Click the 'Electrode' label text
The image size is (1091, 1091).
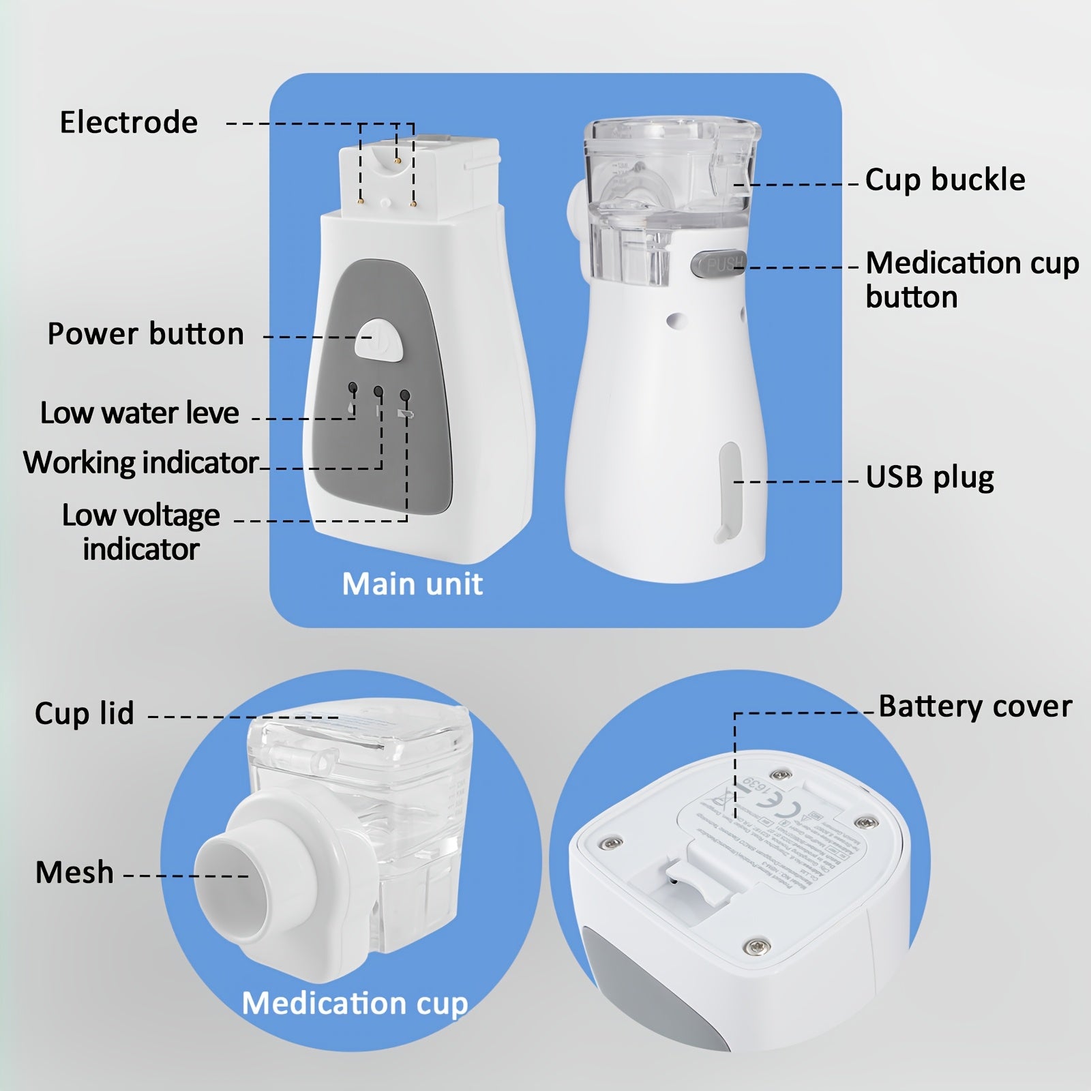tap(129, 123)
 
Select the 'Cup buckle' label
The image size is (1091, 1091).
tap(945, 180)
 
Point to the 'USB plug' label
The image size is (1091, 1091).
tap(929, 477)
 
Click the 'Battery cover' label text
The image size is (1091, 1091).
tap(975, 706)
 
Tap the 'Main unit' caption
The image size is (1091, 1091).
tap(413, 584)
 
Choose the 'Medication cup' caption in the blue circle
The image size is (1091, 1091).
tap(355, 1003)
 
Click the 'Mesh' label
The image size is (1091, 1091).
tap(74, 873)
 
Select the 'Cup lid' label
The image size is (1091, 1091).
tap(85, 713)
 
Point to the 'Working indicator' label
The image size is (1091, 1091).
tap(141, 463)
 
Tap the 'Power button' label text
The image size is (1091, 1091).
tap(145, 334)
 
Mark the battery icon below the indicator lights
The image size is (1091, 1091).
tap(407, 413)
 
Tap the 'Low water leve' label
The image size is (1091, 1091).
tap(140, 413)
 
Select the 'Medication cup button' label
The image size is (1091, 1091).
tap(972, 280)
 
